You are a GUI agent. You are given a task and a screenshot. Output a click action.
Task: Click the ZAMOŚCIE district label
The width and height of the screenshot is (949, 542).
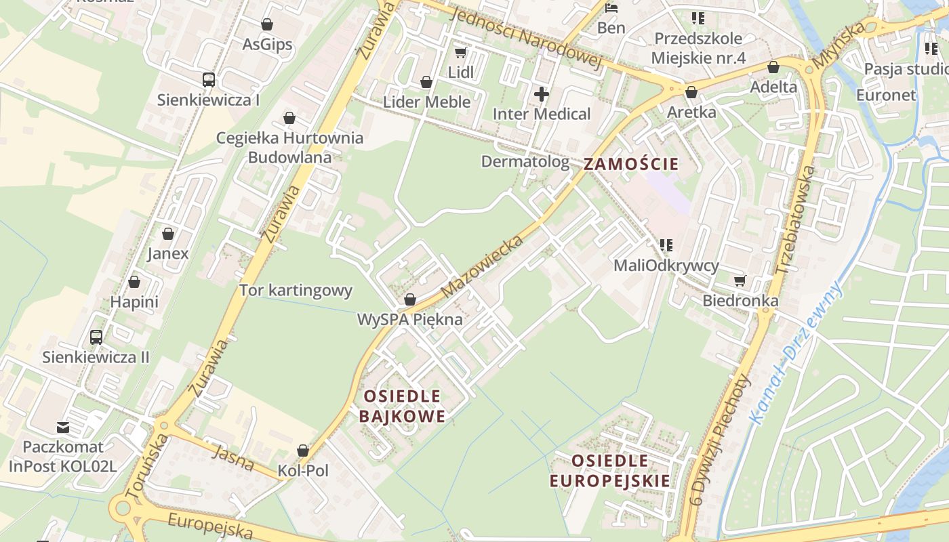(x=630, y=164)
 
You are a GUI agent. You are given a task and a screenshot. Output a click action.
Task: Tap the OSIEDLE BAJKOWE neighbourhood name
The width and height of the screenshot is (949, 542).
(x=402, y=406)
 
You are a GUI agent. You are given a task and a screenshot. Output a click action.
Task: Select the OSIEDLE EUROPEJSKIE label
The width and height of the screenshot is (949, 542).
(x=609, y=471)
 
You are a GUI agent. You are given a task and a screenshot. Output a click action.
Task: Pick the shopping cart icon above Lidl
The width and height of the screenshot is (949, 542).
(x=460, y=53)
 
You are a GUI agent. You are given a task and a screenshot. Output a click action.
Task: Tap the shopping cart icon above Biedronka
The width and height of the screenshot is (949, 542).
(x=740, y=280)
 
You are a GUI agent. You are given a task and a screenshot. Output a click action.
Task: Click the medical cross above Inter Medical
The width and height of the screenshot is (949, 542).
(x=541, y=94)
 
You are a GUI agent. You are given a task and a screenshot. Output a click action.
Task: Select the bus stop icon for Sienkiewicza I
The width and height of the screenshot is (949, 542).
(x=208, y=80)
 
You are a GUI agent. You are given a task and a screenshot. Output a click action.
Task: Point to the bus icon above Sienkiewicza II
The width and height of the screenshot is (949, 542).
(x=96, y=337)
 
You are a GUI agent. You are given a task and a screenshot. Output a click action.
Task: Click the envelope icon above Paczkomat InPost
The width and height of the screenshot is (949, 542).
(x=63, y=428)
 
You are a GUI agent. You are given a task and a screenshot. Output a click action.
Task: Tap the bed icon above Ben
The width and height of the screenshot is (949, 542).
(x=611, y=9)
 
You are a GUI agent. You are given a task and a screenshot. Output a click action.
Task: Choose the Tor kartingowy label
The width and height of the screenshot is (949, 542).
(x=296, y=291)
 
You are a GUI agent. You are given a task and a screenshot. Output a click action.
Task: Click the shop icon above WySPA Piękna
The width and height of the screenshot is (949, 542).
(x=409, y=299)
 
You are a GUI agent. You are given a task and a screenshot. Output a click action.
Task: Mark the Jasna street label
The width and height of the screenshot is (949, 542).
(x=233, y=459)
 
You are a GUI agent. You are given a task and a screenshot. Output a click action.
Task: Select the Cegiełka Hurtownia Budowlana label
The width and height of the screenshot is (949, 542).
(x=289, y=148)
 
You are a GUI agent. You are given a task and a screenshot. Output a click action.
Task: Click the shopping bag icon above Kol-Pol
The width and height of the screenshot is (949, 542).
(x=302, y=451)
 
